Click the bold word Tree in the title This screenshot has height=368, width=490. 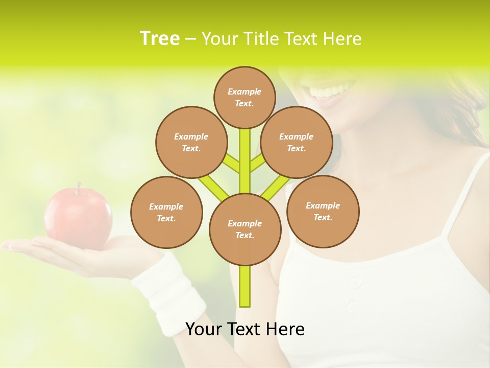(x=160, y=39)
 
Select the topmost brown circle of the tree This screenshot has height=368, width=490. (x=245, y=97)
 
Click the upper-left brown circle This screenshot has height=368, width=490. (x=191, y=142)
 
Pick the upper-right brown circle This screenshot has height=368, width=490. (x=297, y=142)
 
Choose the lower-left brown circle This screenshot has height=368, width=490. (x=166, y=212)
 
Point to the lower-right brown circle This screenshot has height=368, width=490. (x=323, y=211)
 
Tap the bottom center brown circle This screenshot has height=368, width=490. (x=245, y=229)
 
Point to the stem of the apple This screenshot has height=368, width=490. (x=79, y=187)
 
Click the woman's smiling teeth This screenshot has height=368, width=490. (x=327, y=92)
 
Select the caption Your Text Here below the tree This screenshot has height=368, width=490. (x=245, y=329)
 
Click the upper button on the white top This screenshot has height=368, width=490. (x=356, y=282)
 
